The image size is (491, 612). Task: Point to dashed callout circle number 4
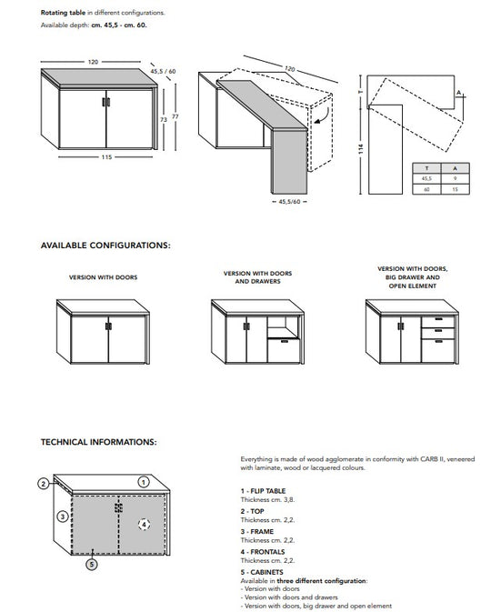coord(143,524)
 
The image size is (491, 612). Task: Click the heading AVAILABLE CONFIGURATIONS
coord(105,246)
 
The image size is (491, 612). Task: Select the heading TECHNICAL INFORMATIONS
coord(99,442)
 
